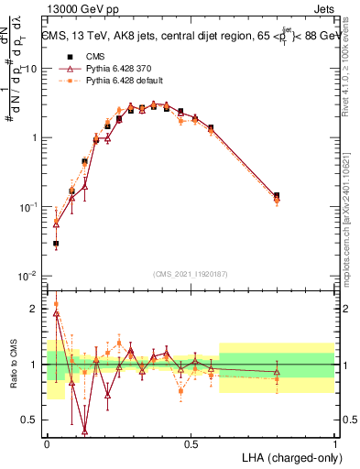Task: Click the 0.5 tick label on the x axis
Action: point(191,443)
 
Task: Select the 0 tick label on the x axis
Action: point(48,443)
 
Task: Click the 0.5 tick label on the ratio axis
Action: point(31,420)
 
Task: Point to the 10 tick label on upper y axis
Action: point(31,69)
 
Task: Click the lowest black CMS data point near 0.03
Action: point(56,245)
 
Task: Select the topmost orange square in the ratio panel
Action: point(56,304)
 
